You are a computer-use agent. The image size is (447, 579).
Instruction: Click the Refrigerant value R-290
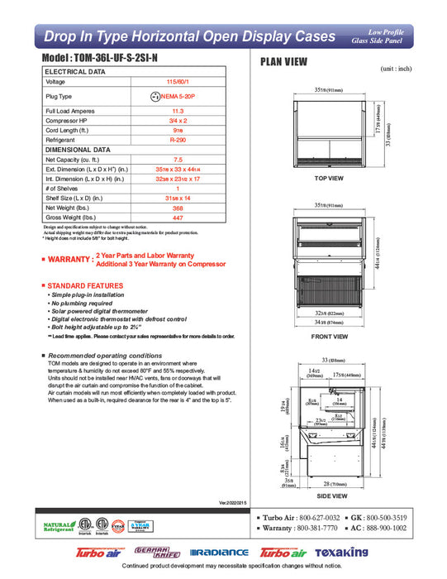coord(177,141)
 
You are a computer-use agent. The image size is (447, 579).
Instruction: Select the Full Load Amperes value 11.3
coord(177,111)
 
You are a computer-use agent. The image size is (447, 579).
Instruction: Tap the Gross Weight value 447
coord(177,218)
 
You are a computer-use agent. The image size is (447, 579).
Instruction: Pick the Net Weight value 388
coord(177,209)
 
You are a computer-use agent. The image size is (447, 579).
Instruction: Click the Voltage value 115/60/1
coord(177,82)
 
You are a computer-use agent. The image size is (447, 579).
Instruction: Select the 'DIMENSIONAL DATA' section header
coord(77,150)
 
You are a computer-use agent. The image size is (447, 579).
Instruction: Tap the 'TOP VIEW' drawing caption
coord(329,179)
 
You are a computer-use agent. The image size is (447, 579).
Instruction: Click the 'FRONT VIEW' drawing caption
coord(329,337)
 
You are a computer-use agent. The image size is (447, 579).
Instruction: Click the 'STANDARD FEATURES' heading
coord(82,285)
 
